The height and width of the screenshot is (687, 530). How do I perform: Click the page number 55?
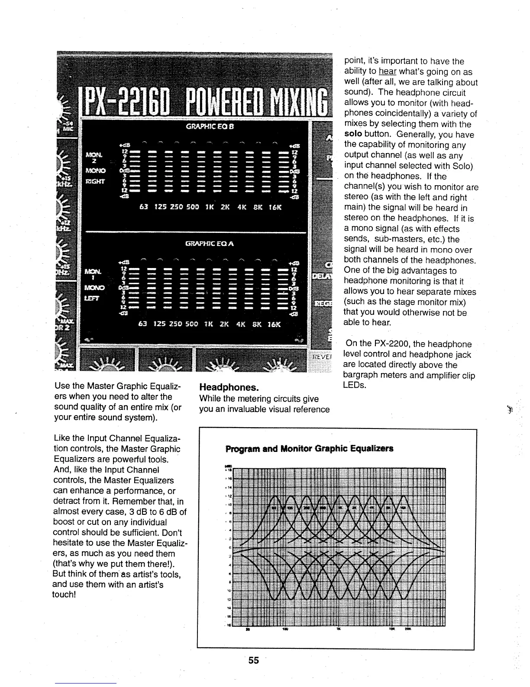[x=254, y=660]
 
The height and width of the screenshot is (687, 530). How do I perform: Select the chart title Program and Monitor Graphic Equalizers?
[x=309, y=448]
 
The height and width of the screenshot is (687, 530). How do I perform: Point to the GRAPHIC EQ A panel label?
[x=210, y=244]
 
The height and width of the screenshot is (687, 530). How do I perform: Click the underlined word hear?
[x=385, y=72]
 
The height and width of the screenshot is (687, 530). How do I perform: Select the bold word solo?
[x=353, y=134]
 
